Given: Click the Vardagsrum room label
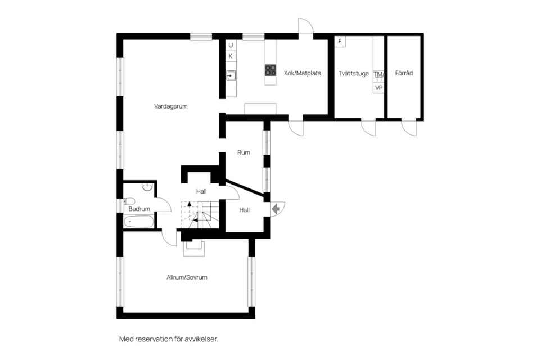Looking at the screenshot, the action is [x=171, y=106].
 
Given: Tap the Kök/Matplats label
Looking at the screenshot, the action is [x=303, y=73].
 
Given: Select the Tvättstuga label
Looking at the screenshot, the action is [x=353, y=73].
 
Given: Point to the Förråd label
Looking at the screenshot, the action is [x=404, y=73].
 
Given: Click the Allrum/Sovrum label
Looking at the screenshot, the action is [x=187, y=277].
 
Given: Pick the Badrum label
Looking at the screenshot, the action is [x=139, y=209].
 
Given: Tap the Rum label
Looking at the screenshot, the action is [x=244, y=152].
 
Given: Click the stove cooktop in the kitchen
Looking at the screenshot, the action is [x=271, y=70].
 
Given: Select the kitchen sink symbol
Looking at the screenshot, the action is [x=231, y=75].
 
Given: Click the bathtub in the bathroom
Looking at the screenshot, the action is [x=139, y=222].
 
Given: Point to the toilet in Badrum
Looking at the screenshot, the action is [x=129, y=201].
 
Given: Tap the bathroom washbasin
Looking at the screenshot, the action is [x=147, y=187].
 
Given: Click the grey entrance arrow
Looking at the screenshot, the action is [x=276, y=209].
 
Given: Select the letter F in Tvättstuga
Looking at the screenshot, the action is [x=340, y=42].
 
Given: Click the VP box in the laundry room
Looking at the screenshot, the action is [x=379, y=88].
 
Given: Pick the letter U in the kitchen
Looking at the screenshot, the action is [x=231, y=45].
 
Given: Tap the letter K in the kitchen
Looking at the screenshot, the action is [x=231, y=56].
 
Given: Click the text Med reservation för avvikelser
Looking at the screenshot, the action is [x=169, y=339].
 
